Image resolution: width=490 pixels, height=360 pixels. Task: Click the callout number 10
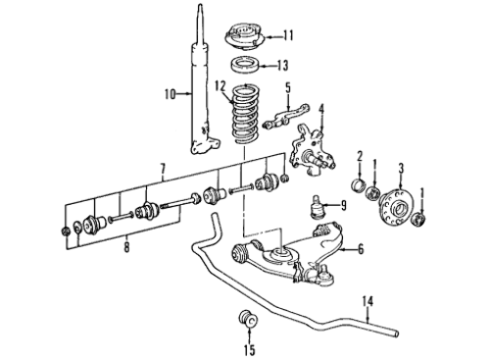(x=171, y=94)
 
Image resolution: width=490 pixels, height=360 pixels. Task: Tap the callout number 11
(x=288, y=35)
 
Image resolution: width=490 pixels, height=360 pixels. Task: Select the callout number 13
(x=282, y=66)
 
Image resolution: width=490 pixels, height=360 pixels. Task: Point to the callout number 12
(x=220, y=86)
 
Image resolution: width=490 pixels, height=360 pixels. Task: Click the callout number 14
(x=367, y=301)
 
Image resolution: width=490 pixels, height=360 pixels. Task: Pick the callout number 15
(x=249, y=350)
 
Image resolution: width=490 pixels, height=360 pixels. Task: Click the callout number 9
(x=343, y=205)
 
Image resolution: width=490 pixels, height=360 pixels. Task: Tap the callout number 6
(x=361, y=249)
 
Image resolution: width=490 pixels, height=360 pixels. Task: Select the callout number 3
(x=401, y=169)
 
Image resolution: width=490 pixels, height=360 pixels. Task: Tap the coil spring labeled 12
(x=245, y=115)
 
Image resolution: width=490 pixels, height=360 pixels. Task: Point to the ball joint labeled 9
(x=315, y=207)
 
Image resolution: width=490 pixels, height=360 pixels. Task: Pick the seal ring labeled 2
(x=359, y=184)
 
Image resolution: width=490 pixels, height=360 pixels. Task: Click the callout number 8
(x=126, y=247)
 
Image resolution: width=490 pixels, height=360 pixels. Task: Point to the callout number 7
(x=163, y=170)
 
